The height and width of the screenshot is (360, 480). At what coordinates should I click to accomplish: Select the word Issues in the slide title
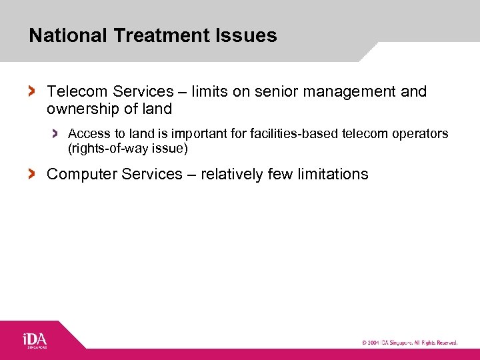253,35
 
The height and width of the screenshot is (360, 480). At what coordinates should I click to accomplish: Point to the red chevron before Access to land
56,134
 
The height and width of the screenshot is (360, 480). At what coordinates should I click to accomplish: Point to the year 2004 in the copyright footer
374,343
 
